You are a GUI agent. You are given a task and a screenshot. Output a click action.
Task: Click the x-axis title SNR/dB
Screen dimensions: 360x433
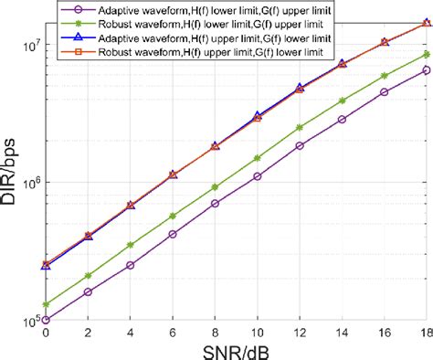pos(236,351)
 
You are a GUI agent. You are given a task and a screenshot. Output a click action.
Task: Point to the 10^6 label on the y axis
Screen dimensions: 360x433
pos(27,183)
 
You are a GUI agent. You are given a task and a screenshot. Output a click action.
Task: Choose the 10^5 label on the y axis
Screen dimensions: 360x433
pos(27,321)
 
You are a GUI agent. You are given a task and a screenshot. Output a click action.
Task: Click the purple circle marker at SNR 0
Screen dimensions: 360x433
pos(46,320)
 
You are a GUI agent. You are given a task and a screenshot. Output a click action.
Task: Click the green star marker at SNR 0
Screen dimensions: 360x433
pos(46,304)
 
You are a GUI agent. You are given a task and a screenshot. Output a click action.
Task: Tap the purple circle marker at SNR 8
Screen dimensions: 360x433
pos(215,204)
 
